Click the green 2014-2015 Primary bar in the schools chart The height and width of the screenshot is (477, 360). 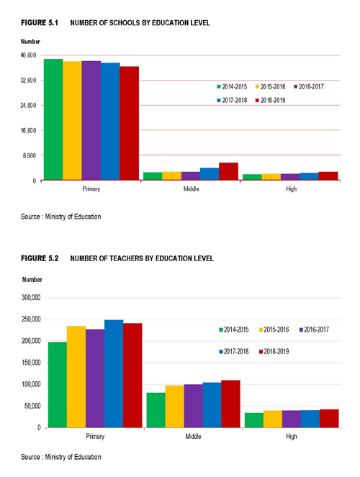pyautogui.click(x=53, y=119)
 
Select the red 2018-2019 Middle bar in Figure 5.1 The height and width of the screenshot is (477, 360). pyautogui.click(x=228, y=171)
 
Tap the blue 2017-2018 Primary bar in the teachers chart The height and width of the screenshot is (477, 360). pyautogui.click(x=114, y=373)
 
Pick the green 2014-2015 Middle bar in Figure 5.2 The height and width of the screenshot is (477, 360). pyautogui.click(x=156, y=410)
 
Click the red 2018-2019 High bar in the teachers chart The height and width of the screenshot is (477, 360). pyautogui.click(x=329, y=419)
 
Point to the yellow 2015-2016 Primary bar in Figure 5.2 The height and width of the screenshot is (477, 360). pyautogui.click(x=76, y=376)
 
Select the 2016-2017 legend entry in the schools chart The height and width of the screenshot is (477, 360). pyautogui.click(x=309, y=87)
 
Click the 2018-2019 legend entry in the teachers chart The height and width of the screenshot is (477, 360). pyautogui.click(x=274, y=351)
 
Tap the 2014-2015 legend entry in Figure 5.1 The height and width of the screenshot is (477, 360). pyautogui.click(x=232, y=87)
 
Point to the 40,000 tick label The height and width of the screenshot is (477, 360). pyautogui.click(x=28, y=55)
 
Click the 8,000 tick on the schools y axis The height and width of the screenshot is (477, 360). pyautogui.click(x=30, y=155)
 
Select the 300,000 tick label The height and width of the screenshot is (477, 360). pyautogui.click(x=31, y=298)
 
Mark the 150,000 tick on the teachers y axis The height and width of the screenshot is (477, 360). pyautogui.click(x=31, y=363)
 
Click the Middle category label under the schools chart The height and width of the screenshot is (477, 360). pyautogui.click(x=191, y=189)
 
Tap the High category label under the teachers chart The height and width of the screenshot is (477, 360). pyautogui.click(x=292, y=437)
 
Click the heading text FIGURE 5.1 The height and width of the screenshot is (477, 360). pyautogui.click(x=40, y=23)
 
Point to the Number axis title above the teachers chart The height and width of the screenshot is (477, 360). pyautogui.click(x=32, y=279)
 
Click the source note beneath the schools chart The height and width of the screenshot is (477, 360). pyautogui.click(x=61, y=217)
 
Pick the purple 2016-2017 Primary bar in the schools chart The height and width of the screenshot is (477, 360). pyautogui.click(x=91, y=120)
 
